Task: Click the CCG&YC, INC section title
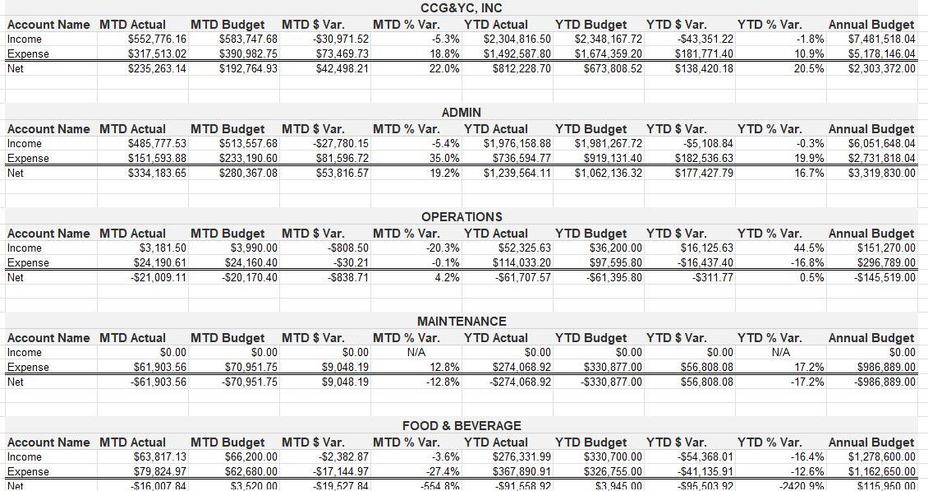[x=461, y=8]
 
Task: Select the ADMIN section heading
[x=461, y=113]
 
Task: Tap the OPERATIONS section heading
[x=461, y=217]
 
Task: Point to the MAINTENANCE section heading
[x=461, y=322]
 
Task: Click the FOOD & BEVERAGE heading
[x=461, y=426]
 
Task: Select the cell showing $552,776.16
[x=158, y=39]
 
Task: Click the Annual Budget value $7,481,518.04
[x=881, y=39]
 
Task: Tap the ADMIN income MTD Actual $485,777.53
[x=158, y=144]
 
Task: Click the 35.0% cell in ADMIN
[x=444, y=159]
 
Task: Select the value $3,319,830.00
[x=881, y=174]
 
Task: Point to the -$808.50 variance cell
[x=348, y=248]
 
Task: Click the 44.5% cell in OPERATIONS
[x=809, y=248]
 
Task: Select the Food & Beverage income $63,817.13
[x=159, y=457]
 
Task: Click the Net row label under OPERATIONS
[x=16, y=278]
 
